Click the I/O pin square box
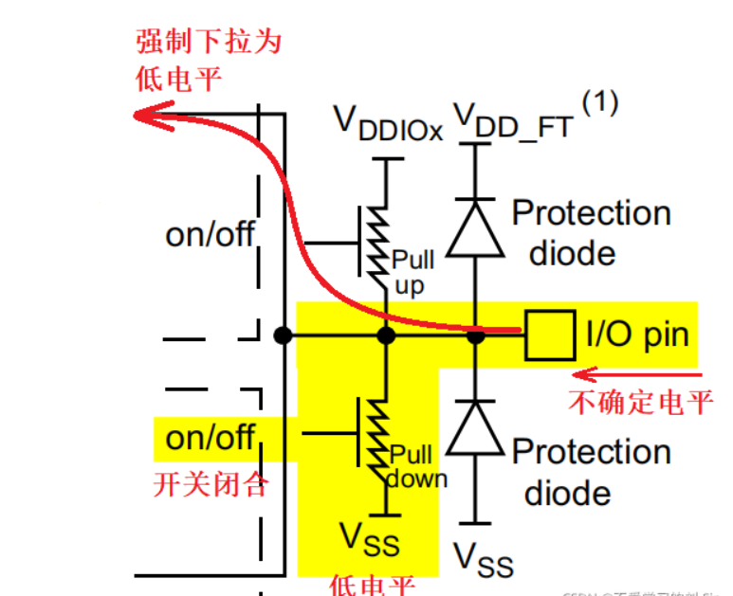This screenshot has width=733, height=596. click(x=551, y=334)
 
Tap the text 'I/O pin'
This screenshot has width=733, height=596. click(x=637, y=334)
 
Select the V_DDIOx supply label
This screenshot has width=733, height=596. click(x=388, y=122)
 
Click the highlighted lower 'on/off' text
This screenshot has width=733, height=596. click(x=210, y=437)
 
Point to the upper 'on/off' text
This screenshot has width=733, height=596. click(x=211, y=233)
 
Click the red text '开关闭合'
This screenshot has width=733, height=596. click(x=211, y=485)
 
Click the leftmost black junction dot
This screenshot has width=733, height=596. click(x=282, y=334)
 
